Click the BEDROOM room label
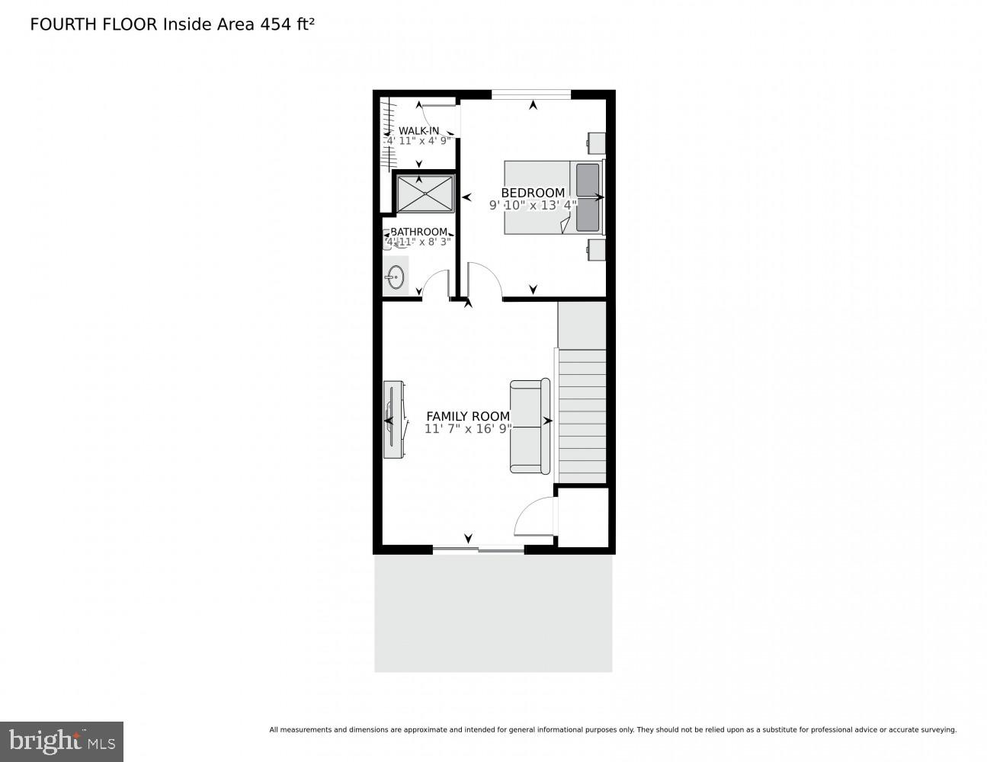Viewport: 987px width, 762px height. [533, 193]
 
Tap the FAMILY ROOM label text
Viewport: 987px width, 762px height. [467, 416]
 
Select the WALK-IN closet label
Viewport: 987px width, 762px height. [418, 130]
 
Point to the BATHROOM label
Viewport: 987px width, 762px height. [418, 232]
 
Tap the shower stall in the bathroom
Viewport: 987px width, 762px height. [425, 194]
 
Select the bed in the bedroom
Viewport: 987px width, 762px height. [553, 197]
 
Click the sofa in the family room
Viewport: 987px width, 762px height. [530, 426]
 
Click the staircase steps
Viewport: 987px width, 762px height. [583, 415]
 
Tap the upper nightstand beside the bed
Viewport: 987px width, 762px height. [596, 142]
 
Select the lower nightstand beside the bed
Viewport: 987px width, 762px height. [596, 249]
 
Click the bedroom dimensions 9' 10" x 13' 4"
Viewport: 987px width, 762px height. [533, 205]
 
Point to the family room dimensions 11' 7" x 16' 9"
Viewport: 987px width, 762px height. [468, 429]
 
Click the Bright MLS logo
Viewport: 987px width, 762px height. [62, 741]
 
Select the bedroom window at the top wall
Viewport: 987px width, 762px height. [530, 94]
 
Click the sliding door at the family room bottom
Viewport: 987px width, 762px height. [479, 549]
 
